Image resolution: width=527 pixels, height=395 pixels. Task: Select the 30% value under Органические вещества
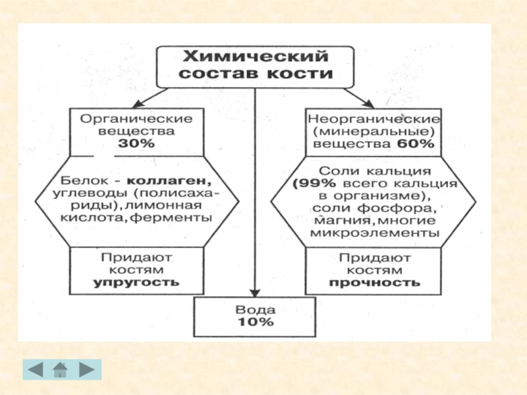(x=136, y=144)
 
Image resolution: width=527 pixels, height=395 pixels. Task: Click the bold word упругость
(x=136, y=283)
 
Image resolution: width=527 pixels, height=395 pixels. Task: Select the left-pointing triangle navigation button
(x=37, y=370)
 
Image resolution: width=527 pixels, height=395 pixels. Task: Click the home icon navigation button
(x=61, y=370)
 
